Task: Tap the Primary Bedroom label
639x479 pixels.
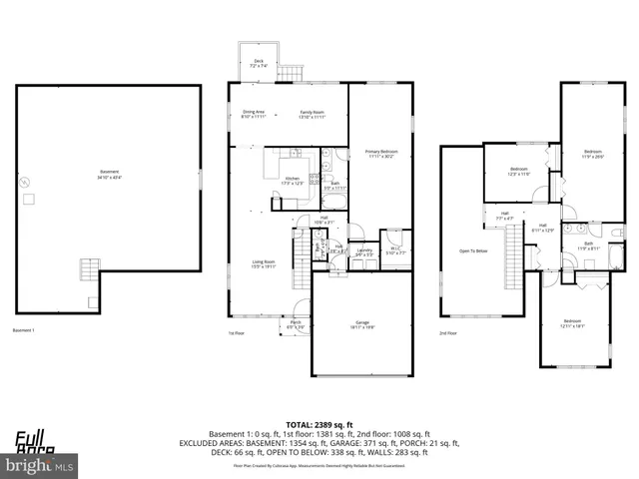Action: click(x=381, y=153)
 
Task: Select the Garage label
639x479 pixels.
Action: click(x=361, y=323)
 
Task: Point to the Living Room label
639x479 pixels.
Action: click(x=264, y=264)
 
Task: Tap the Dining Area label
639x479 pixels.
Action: click(x=254, y=115)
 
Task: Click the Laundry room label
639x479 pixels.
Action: click(x=364, y=252)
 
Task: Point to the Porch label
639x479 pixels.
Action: click(x=296, y=324)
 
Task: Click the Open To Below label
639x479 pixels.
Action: click(x=473, y=250)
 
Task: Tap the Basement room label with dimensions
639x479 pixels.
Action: click(x=109, y=175)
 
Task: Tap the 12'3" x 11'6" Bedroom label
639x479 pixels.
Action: click(x=518, y=171)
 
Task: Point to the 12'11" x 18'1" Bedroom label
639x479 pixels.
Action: click(x=572, y=322)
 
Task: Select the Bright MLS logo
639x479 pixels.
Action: click(x=40, y=465)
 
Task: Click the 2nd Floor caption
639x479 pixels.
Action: click(x=448, y=333)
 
